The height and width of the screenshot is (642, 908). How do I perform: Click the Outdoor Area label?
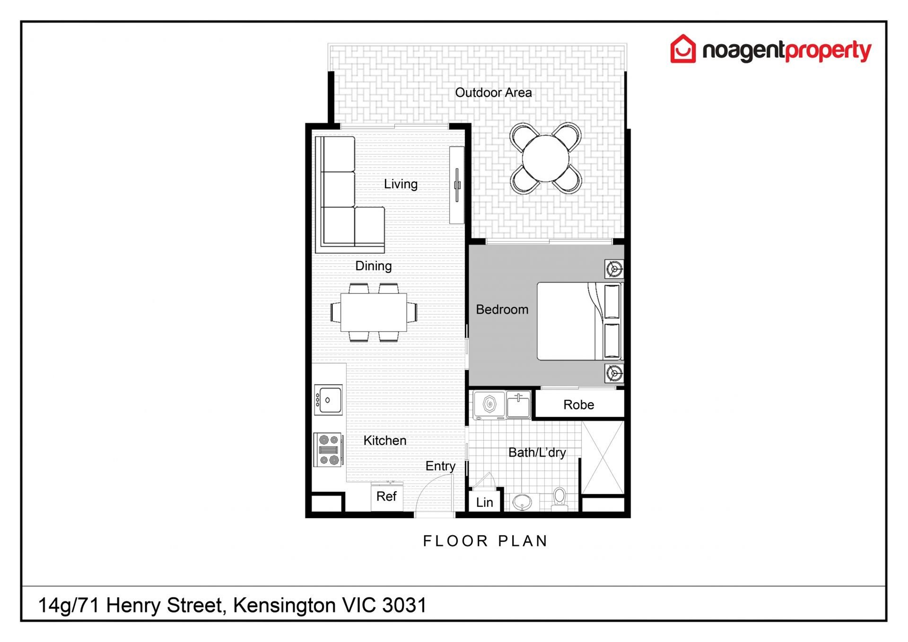(493, 93)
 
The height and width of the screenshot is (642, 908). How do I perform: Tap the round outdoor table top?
(545, 158)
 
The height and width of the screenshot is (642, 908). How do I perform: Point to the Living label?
(401, 184)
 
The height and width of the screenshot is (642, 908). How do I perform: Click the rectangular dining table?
(374, 312)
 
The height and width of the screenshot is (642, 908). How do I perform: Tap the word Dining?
(373, 266)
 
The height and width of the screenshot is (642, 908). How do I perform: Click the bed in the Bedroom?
(580, 321)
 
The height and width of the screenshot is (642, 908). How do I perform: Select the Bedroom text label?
(502, 309)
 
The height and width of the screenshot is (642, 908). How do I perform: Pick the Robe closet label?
(578, 405)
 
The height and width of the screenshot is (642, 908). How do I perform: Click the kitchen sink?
(328, 400)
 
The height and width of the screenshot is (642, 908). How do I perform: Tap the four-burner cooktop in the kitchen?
(328, 449)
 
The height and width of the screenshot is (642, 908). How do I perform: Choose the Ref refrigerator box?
(387, 497)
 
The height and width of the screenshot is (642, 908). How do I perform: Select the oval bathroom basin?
(522, 502)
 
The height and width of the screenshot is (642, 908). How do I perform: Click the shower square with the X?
(603, 457)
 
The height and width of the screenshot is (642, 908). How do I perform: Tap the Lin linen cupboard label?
(484, 502)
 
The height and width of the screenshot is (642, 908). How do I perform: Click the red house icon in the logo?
(683, 49)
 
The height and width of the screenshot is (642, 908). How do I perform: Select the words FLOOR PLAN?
(485, 541)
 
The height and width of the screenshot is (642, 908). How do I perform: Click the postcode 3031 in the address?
(404, 605)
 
